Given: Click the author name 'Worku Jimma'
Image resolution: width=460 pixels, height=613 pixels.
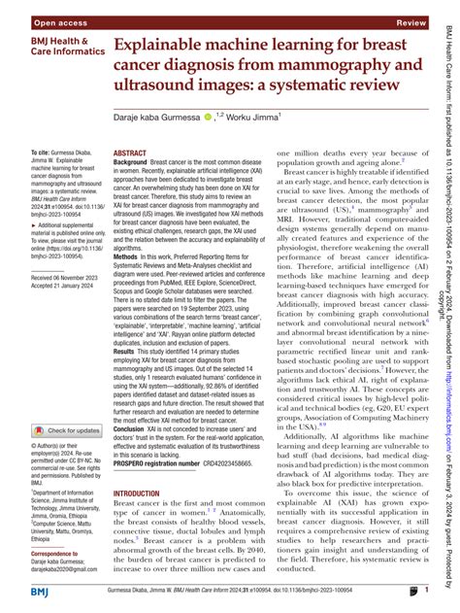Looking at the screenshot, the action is click(253, 118).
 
